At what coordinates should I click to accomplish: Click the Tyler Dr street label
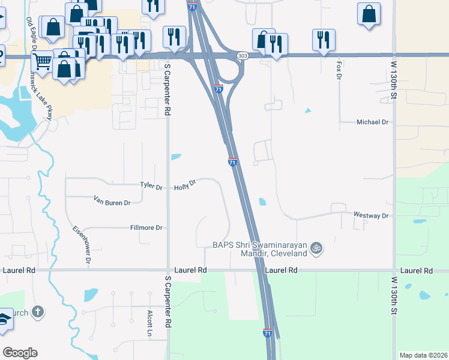(x=151, y=187)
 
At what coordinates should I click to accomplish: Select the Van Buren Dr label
(x=112, y=203)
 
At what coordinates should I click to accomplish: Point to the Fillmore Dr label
(x=146, y=228)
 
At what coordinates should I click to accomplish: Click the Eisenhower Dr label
(x=82, y=245)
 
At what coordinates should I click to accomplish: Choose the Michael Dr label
(x=373, y=122)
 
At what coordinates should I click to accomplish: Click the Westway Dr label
(x=371, y=215)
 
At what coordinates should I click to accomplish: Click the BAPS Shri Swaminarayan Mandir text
(x=260, y=249)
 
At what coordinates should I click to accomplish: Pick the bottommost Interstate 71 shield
(x=267, y=333)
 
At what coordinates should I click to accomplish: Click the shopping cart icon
(x=42, y=60)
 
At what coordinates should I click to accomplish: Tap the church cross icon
(x=38, y=311)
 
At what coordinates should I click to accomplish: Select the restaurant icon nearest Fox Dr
(x=324, y=40)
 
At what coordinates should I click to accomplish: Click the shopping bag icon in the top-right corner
(x=368, y=13)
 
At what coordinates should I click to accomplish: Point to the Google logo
(x=20, y=353)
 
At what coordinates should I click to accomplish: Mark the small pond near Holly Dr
(x=176, y=157)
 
